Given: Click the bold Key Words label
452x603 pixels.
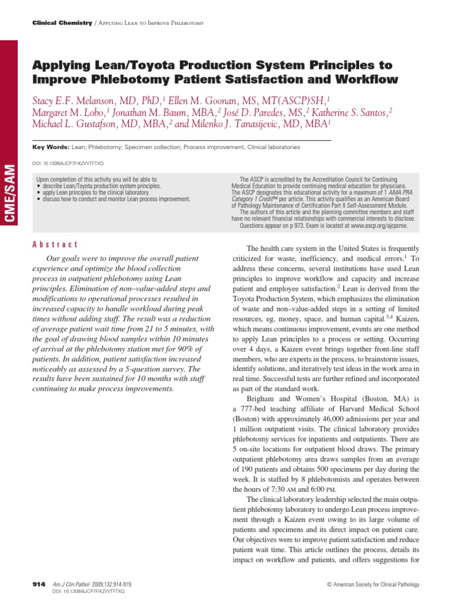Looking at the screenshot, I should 49,147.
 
